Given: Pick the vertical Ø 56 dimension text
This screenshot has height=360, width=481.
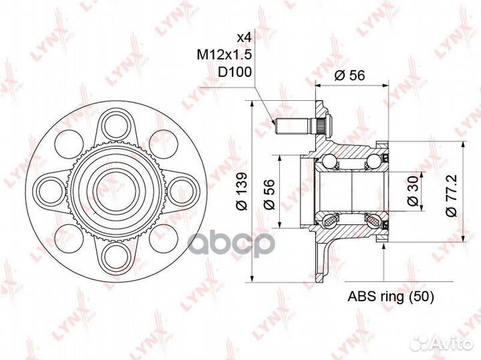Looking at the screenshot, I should coord(269,193).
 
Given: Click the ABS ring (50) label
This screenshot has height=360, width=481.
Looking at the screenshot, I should coord(391,297).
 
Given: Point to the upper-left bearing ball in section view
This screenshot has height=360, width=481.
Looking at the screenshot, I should coord(329,161).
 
